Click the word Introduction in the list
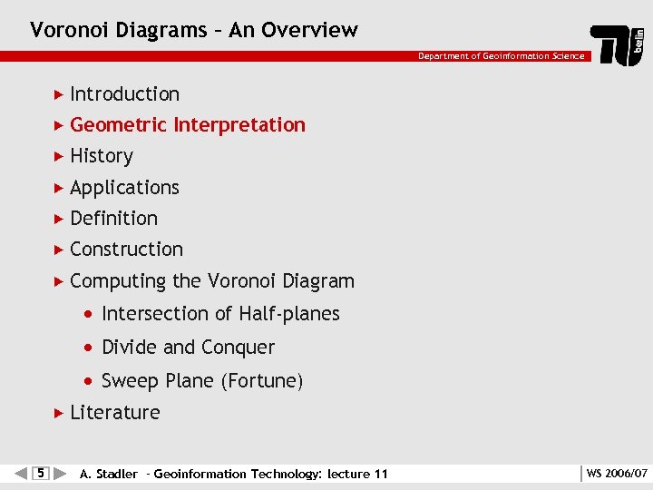point(124,94)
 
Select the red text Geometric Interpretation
point(187,125)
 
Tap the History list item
point(101,156)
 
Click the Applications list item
point(124,188)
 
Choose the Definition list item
point(113,219)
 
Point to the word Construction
point(126,250)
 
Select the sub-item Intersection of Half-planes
point(220,314)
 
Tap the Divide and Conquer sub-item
point(188,348)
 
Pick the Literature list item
point(114,413)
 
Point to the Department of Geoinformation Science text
point(501,56)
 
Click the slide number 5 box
point(39,473)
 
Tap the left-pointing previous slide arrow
point(22,473)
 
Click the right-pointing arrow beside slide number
point(59,473)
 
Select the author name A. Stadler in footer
point(109,474)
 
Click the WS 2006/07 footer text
point(617,474)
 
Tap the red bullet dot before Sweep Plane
point(87,381)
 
